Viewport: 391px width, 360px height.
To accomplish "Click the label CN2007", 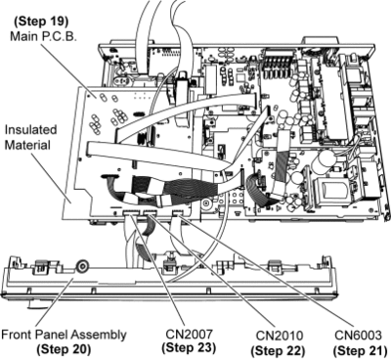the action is (189, 334).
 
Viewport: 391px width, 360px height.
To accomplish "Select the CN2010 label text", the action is (280, 336).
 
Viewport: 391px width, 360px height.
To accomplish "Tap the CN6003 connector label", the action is (358, 335).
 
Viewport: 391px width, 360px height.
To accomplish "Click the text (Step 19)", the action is (41, 22).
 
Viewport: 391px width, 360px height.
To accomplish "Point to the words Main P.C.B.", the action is (44, 36).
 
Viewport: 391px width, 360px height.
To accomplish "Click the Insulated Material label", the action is (30, 137).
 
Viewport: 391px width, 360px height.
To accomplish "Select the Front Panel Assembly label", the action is (64, 336).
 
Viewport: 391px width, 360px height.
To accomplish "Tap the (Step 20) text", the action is (64, 349).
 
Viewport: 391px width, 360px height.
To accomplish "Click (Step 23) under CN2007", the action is (189, 348).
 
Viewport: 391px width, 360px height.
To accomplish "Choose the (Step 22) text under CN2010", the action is (278, 351).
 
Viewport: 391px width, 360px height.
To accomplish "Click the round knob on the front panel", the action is (81, 266).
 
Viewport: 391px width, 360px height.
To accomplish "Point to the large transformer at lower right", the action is (329, 193).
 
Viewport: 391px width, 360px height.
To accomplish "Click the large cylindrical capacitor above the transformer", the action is (325, 162).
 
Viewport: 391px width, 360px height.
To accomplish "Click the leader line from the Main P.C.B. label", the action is (68, 70).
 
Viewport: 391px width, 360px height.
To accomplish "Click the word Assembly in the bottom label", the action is (99, 336).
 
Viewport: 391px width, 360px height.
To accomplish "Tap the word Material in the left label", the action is (27, 145).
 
